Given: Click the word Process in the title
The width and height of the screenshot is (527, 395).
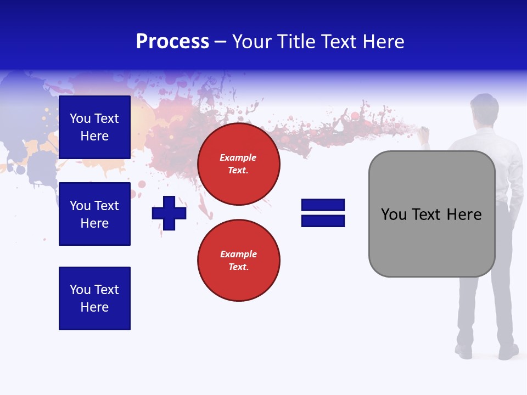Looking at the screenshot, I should click(172, 42).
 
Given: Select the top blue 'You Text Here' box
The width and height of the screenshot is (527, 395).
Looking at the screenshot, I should click(94, 127).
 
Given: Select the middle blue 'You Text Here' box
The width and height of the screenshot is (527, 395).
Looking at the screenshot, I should click(94, 214).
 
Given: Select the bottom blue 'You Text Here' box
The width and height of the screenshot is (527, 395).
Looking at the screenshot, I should click(94, 298).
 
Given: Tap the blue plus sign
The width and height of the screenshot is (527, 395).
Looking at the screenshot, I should click(169, 213).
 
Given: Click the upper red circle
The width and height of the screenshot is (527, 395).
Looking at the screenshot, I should click(238, 164).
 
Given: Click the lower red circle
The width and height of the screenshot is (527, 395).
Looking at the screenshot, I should click(238, 260).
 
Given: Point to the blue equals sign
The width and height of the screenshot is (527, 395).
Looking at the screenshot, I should click(323, 213).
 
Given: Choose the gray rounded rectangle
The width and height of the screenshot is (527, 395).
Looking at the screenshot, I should click(431, 214).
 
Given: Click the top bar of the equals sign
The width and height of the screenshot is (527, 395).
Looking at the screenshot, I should click(323, 205).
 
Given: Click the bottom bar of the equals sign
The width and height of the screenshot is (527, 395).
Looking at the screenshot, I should click(323, 221).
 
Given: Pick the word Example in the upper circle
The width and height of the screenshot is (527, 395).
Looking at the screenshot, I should click(238, 157).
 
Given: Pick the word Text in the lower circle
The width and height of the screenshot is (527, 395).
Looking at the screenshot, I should click(238, 267).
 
